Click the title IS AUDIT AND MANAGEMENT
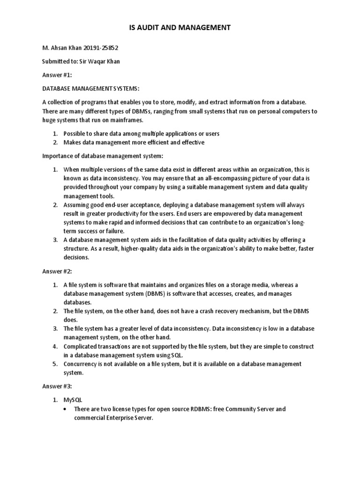coord(180,28)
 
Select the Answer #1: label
coord(56,75)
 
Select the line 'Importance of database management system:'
coord(103,156)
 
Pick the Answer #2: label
coord(56,271)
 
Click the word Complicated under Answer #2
coord(81,346)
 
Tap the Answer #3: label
coord(56,386)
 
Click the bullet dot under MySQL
coord(66,409)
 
